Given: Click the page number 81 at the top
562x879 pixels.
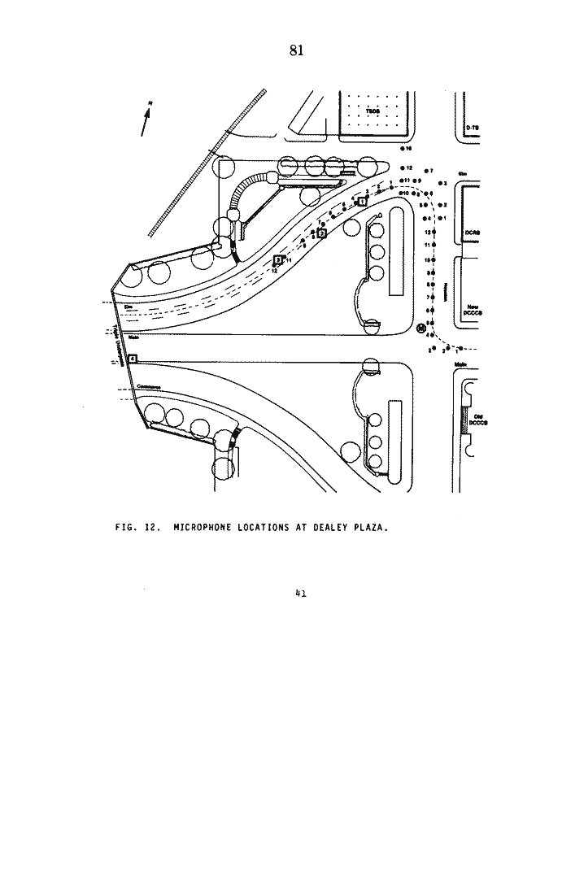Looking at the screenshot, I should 296,50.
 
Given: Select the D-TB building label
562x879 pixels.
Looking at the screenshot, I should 471,129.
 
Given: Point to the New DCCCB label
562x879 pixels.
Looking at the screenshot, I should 472,309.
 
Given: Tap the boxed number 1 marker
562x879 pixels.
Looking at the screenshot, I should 362,202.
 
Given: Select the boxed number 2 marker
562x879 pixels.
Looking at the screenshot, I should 321,233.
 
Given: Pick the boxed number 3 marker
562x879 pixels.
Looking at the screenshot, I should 278,260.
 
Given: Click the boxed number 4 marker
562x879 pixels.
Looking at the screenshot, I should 132,359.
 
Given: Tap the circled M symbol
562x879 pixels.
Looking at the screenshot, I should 421,329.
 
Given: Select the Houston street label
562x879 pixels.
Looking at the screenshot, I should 447,290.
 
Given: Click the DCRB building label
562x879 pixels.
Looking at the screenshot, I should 472,233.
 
